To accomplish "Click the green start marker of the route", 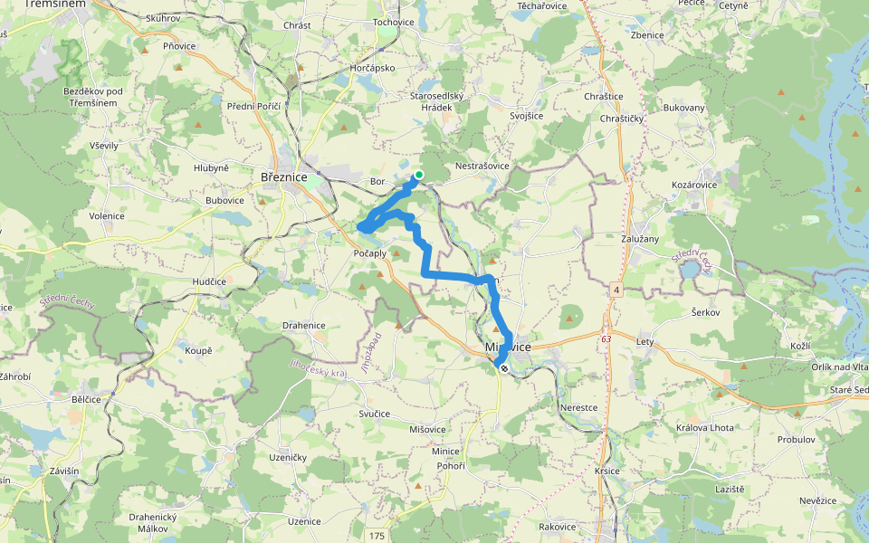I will coord(419,176).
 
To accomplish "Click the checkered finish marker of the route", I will coord(503,368).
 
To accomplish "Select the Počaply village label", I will coord(369,253).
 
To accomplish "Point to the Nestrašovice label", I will coord(482,167).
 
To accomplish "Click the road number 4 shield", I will coord(616,290).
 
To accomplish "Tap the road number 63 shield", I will coord(605,338).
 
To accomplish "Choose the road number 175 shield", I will coord(377,537).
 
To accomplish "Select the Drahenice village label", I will coord(303,325).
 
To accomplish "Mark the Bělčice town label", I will coord(91,398).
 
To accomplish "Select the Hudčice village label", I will coord(209,281).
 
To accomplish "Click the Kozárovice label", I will coord(694,185).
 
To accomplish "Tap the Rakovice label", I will coord(557,527).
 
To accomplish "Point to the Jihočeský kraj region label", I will coord(318,368).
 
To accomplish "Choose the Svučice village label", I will coord(374,414).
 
